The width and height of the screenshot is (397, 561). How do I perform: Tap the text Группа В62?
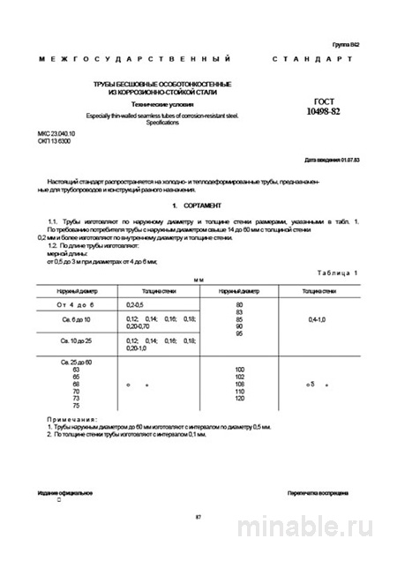click(346, 44)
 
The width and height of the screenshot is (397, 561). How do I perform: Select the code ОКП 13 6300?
click(54, 139)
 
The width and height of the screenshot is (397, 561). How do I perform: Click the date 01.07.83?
click(347, 161)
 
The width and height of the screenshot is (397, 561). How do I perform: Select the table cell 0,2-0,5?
click(139, 303)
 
